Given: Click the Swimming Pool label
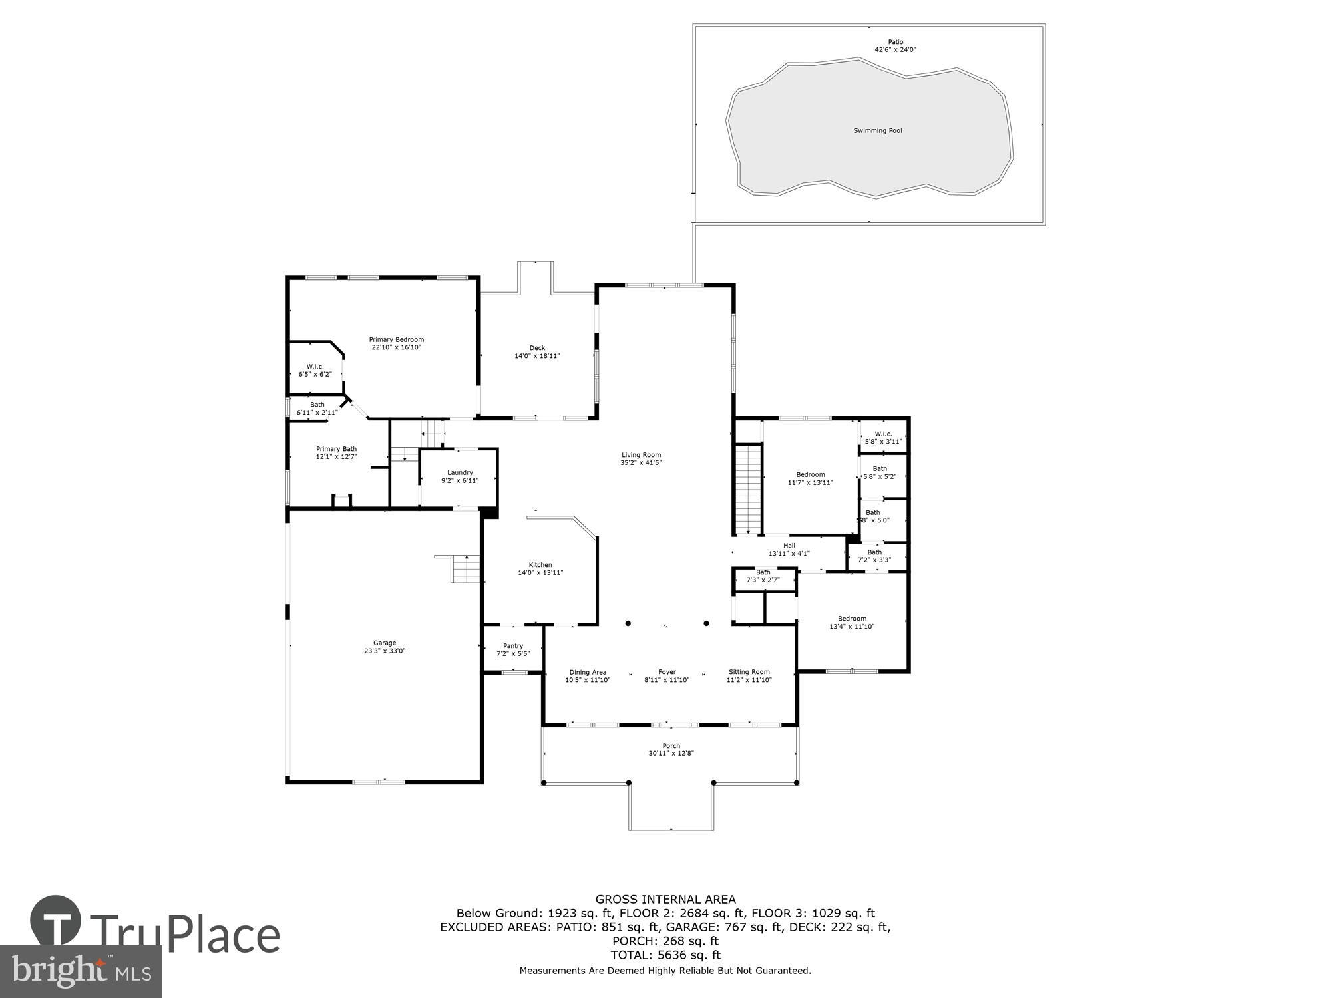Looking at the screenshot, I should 877,131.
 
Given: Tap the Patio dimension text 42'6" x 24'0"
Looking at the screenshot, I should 895,50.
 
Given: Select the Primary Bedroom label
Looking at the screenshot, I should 396,340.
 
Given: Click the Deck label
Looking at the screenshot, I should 537,348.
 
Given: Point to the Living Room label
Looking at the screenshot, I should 640,455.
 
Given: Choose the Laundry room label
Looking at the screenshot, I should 459,473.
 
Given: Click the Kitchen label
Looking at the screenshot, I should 540,565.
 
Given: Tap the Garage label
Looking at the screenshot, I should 384,643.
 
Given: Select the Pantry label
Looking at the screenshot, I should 512,646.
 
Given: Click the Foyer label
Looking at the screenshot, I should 666,673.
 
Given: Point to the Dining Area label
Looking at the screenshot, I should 587,673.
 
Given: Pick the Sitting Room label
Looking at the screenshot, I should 749,673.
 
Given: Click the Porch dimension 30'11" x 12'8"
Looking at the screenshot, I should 671,754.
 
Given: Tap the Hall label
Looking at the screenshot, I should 789,546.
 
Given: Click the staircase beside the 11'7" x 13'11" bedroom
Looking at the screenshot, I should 747,489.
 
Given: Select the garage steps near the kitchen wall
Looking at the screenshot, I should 466,568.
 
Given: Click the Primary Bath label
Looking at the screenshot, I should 336,449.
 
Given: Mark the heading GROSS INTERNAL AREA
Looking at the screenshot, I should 665,900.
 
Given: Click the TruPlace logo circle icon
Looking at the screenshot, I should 56,921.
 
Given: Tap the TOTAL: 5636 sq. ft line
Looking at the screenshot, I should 665,955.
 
